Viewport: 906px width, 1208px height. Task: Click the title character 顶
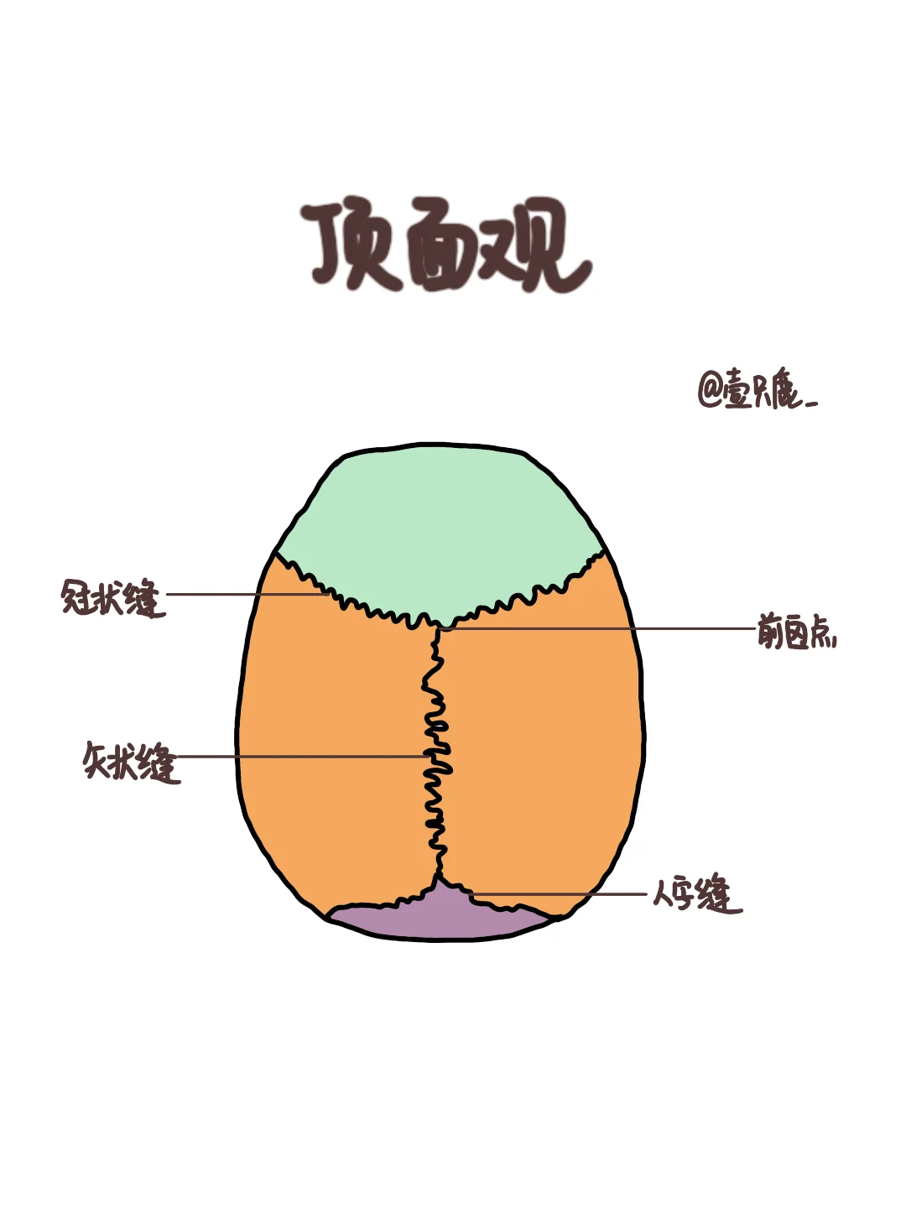(351, 246)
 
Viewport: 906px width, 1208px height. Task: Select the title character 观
(537, 246)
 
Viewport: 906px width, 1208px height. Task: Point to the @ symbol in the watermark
(711, 391)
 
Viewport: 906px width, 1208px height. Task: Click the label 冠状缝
(112, 597)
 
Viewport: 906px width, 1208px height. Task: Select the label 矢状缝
(131, 761)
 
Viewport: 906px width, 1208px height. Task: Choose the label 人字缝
(696, 894)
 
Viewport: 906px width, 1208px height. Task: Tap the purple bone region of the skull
(440, 919)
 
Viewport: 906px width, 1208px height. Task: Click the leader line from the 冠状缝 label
(243, 595)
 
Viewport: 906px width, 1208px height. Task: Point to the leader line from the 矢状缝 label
(302, 756)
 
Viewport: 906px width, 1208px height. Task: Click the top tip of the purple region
(439, 879)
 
